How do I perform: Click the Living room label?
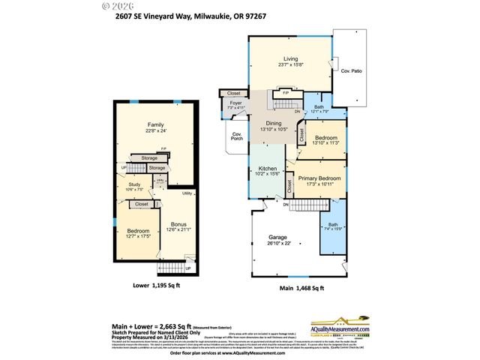(x=290, y=58)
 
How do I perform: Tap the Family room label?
(x=155, y=124)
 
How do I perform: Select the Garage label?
(x=277, y=237)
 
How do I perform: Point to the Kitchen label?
(x=268, y=169)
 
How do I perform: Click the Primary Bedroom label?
(x=319, y=178)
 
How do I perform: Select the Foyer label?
(x=235, y=103)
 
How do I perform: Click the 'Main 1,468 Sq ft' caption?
(x=301, y=288)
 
